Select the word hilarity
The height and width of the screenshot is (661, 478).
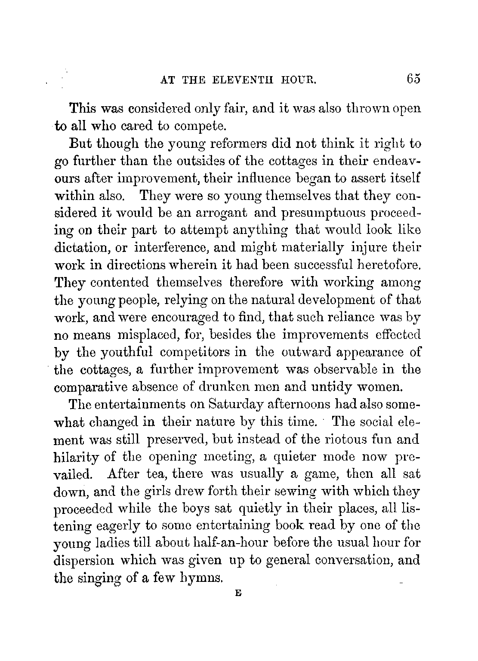[x=77, y=457]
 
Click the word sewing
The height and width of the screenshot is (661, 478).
[x=257, y=492]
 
